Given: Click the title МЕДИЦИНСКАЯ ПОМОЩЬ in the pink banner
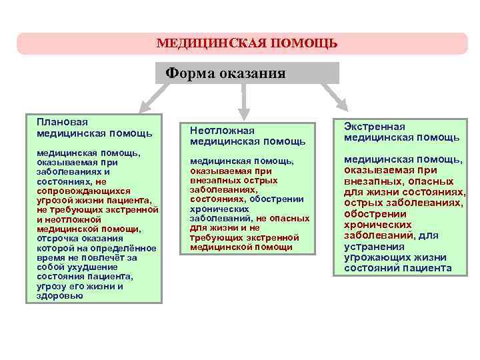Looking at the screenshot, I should point(247,44).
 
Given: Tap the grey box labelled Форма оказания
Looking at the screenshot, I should point(247,73).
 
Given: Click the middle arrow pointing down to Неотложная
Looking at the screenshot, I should point(244,101).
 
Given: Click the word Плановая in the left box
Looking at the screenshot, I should point(63,122).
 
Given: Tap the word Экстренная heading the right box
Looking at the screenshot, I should point(374,126).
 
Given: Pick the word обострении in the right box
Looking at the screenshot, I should point(375,214).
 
